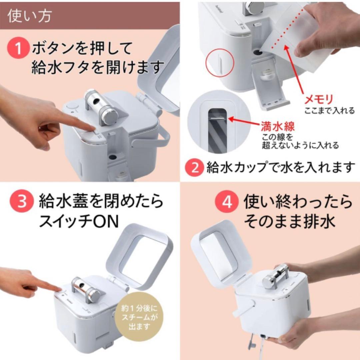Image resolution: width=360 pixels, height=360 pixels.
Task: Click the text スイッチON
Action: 79,221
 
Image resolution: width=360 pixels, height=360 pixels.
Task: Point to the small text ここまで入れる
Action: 329,111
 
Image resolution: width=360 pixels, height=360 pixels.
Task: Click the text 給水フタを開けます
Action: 98,68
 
